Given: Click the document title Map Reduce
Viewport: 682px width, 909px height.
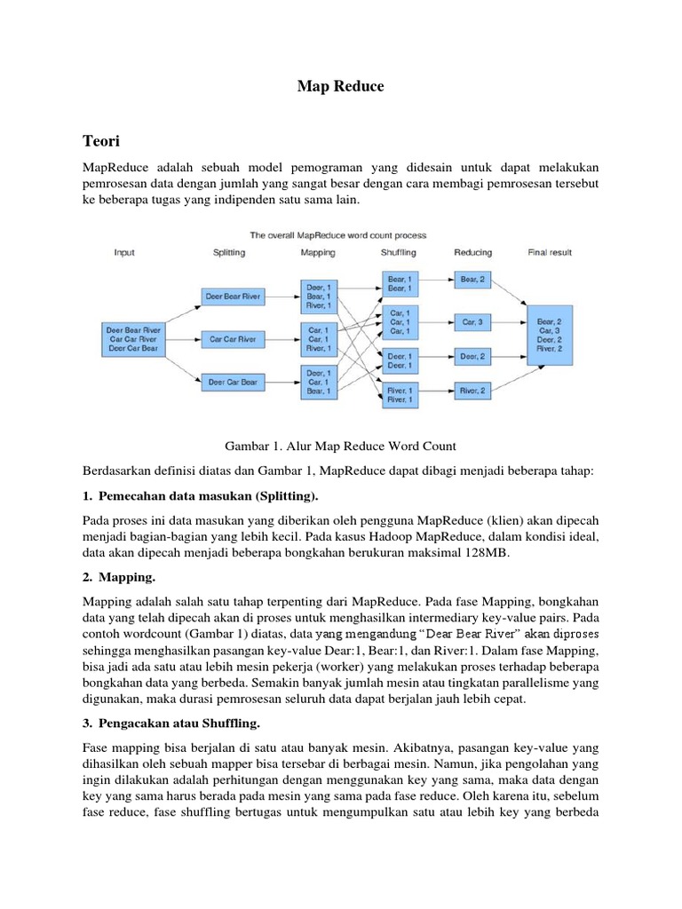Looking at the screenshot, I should pos(340,87).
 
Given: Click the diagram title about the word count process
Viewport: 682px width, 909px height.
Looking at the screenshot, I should pos(337,235).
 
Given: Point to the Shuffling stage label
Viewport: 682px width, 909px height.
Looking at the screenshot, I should pos(398,253).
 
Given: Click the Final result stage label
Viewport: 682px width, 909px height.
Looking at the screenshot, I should pos(551,253).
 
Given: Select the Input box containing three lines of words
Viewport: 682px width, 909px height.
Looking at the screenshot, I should pos(133,339).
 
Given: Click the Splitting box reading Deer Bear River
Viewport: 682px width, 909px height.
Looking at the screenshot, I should pos(233,296).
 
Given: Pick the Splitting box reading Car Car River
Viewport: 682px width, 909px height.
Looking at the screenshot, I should pos(233,338).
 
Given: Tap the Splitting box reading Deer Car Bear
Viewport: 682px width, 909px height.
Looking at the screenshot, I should pos(233,382).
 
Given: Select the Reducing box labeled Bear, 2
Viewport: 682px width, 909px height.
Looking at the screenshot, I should pos(472,280).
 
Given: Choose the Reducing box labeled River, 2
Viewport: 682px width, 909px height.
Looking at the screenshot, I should pos(472,391).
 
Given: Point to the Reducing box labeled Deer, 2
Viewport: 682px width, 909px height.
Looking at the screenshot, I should pos(472,357).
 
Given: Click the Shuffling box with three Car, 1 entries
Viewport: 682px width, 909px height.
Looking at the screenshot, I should pos(399,322).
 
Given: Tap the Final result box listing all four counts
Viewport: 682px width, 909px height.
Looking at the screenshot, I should pos(550,335).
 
